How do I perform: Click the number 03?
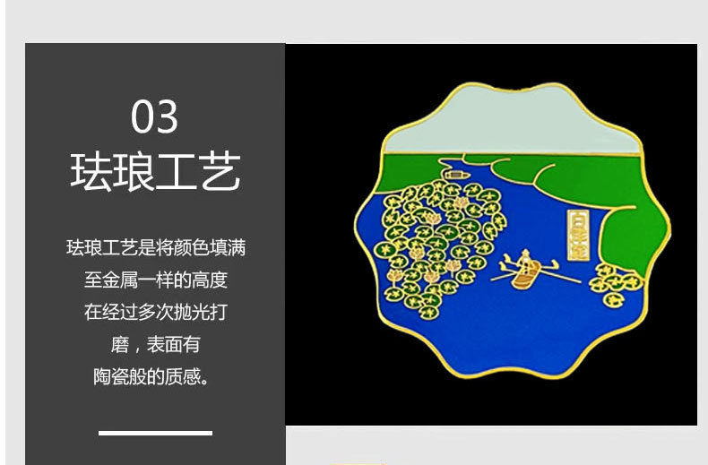pos(155,116)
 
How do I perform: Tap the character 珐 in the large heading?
pos(91,172)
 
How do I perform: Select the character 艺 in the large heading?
pos(220,172)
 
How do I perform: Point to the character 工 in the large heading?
pos(177,172)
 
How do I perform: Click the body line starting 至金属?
pos(155,280)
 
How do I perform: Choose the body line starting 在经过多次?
pos(155,312)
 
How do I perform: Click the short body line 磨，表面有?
pos(155,344)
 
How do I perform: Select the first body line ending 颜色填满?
pos(155,247)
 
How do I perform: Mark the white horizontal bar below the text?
pos(155,433)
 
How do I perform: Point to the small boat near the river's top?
pos(455,168)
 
